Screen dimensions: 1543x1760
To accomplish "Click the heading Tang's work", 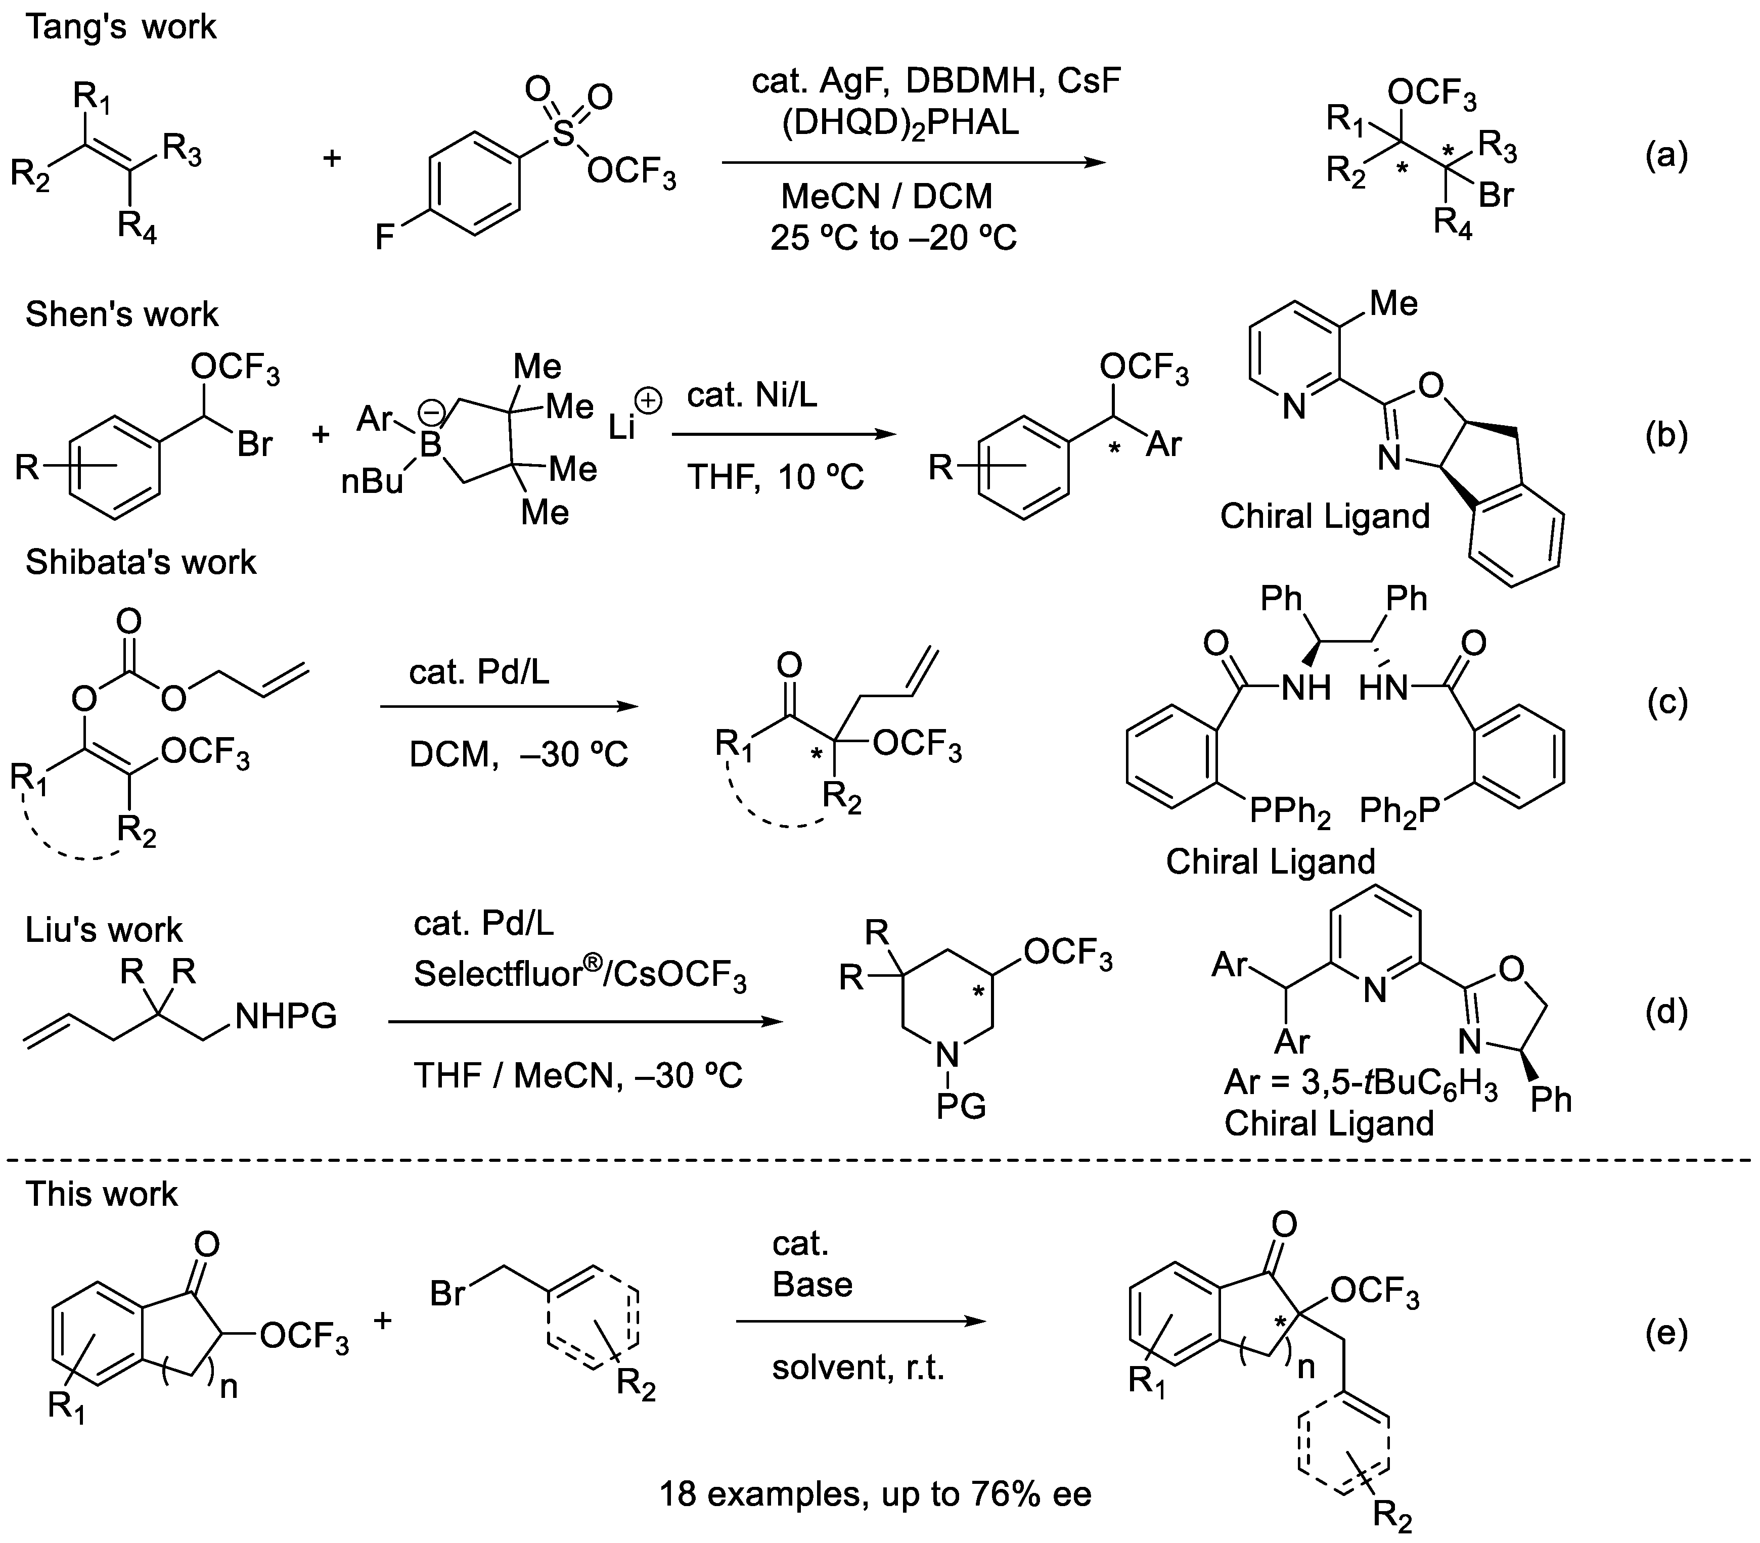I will tap(120, 27).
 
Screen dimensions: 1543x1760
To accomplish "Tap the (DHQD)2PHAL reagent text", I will tap(900, 123).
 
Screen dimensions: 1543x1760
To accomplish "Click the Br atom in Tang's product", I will tap(1496, 196).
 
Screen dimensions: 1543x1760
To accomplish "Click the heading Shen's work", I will tap(121, 314).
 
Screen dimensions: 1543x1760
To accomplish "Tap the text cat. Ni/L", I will tap(752, 395).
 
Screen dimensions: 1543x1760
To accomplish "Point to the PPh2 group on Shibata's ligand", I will tap(1289, 811).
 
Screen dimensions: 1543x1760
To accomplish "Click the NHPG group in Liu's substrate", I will tap(286, 1017).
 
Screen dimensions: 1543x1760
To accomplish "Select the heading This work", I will tap(102, 1194).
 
